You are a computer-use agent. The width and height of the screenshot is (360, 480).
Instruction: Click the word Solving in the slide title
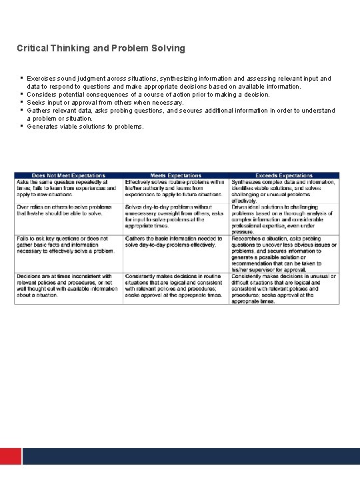point(169,49)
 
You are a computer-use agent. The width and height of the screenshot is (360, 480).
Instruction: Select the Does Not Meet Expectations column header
point(68,175)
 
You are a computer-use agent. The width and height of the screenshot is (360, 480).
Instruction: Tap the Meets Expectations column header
point(176,175)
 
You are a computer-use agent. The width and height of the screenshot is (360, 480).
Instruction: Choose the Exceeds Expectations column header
point(285,175)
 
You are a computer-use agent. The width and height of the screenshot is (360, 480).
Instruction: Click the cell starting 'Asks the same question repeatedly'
point(68,188)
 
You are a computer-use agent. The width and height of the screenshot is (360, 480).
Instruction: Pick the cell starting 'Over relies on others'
point(68,210)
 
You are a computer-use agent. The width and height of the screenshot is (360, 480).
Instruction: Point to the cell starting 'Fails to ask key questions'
point(68,245)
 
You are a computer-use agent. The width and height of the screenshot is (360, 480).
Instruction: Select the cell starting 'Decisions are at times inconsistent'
point(68,285)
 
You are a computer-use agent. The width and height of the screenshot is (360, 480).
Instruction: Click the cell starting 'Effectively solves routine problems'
point(176,188)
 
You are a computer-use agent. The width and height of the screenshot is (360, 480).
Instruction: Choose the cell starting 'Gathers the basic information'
point(176,241)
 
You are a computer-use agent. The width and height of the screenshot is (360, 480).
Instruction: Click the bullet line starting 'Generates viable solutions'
point(85,127)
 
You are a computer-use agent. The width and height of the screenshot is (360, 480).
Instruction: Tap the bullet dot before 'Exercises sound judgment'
point(22,77)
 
